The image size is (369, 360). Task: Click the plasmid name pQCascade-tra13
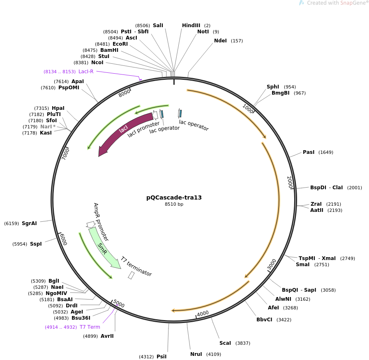(x=174, y=197)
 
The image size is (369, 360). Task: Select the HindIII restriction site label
(x=191, y=26)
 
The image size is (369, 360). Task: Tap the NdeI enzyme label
(x=220, y=41)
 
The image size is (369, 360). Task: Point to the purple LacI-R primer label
(x=86, y=72)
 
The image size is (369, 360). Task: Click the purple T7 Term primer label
(x=90, y=327)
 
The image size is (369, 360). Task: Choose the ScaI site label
(x=225, y=343)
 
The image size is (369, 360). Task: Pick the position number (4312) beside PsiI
(x=146, y=357)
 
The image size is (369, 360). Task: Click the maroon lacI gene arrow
(x=123, y=132)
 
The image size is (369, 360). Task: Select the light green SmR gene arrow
(x=103, y=248)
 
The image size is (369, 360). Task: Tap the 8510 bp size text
(x=174, y=204)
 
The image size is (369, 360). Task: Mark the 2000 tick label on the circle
(x=290, y=182)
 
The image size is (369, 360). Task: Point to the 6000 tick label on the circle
(x=63, y=239)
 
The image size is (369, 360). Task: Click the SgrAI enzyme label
(x=29, y=223)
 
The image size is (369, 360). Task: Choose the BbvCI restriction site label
(x=264, y=320)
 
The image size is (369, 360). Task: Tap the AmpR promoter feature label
(x=101, y=221)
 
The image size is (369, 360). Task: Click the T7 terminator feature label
(x=136, y=266)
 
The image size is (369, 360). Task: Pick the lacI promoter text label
(x=143, y=129)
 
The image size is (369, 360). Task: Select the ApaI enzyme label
(x=78, y=81)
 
